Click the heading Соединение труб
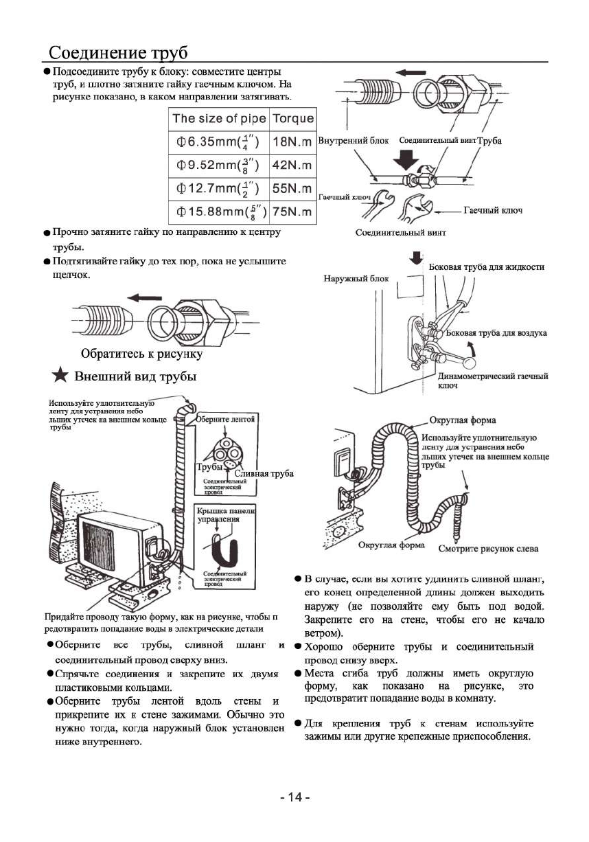pos(118,53)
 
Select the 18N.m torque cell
pos(292,141)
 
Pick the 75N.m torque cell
pos(292,212)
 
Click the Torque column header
pos(293,118)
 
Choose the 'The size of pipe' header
pos(219,118)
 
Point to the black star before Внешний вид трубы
pos(61,376)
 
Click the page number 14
pos(294,797)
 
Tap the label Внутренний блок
pos(354,140)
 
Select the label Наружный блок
pos(356,278)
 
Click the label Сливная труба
pos(264,474)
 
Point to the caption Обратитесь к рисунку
pos(141,354)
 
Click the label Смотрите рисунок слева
pos(488,548)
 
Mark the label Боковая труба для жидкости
pos(486,266)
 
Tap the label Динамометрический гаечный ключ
pos(492,380)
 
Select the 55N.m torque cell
pos(292,188)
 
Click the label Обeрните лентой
pos(226,418)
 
